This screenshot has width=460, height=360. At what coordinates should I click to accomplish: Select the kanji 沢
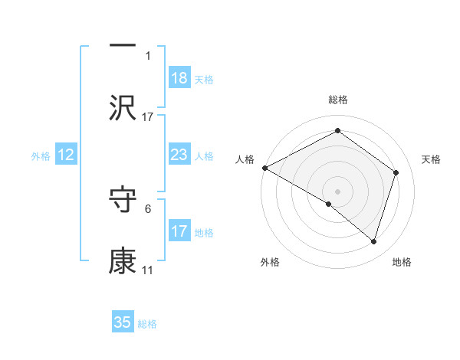click(x=123, y=108)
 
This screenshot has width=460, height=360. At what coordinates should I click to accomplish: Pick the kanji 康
click(x=123, y=260)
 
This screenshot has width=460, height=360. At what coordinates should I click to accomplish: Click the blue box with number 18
click(x=179, y=78)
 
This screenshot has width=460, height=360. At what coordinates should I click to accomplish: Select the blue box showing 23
click(x=179, y=155)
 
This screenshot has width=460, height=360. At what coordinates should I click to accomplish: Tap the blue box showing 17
click(x=179, y=231)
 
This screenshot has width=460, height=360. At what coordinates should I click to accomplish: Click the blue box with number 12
click(x=66, y=155)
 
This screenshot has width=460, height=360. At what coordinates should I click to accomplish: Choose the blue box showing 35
click(x=123, y=322)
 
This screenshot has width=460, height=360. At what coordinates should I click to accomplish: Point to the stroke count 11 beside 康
click(x=147, y=270)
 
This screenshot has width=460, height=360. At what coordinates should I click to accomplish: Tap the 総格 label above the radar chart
click(x=337, y=100)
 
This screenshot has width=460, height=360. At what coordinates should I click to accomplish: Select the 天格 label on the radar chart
click(x=432, y=159)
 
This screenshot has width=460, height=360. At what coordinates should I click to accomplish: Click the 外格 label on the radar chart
click(x=270, y=262)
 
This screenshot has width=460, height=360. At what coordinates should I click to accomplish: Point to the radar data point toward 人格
click(x=264, y=167)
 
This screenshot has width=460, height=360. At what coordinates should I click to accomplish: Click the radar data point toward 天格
click(x=396, y=172)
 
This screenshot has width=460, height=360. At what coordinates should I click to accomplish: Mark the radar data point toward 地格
click(x=373, y=241)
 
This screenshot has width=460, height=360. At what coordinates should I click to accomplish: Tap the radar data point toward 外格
click(x=329, y=204)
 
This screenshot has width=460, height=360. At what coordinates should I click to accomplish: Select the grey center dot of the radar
click(x=337, y=191)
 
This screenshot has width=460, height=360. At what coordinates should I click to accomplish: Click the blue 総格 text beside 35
click(x=147, y=324)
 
